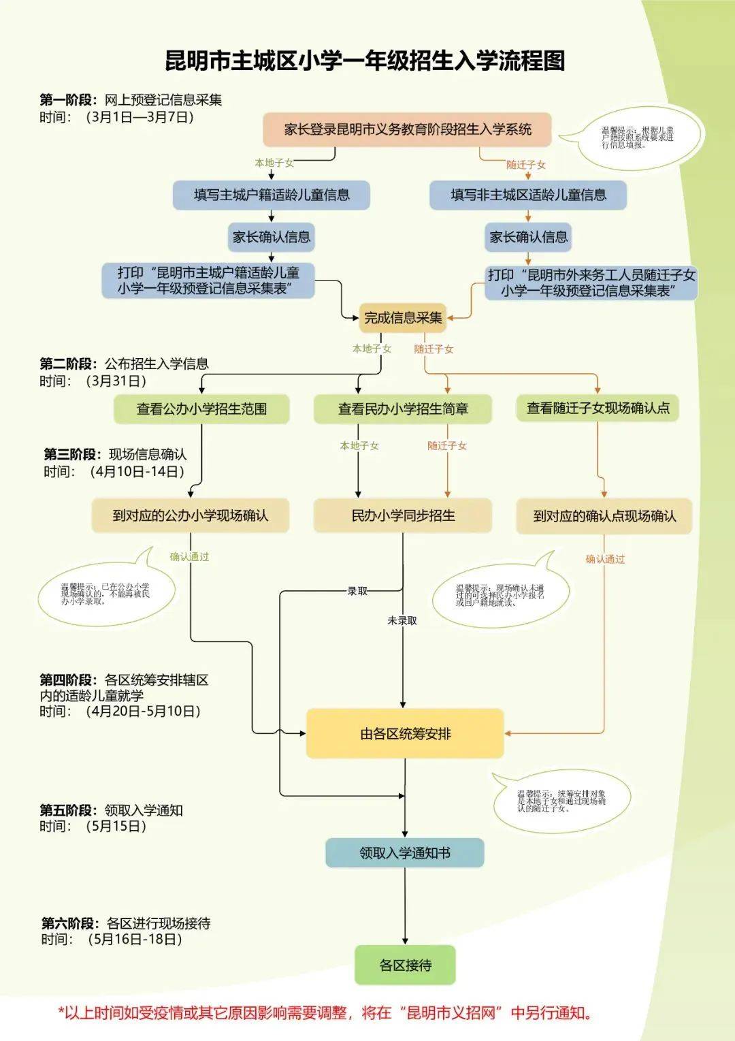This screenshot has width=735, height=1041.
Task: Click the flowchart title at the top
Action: pyautogui.click(x=365, y=61)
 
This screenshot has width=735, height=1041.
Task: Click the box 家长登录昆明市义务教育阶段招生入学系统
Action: pyautogui.click(x=407, y=129)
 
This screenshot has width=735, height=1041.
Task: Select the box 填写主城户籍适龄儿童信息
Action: pyautogui.click(x=272, y=195)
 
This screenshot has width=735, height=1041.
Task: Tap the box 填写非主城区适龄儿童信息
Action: pyautogui.click(x=528, y=195)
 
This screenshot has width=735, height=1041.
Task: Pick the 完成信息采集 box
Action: pyautogui.click(x=403, y=317)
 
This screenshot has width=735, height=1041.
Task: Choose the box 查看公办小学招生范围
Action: pyautogui.click(x=201, y=409)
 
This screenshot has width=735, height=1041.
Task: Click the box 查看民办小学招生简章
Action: pyautogui.click(x=403, y=409)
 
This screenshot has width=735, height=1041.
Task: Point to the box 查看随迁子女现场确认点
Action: pyautogui.click(x=598, y=408)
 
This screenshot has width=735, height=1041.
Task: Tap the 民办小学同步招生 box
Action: pyautogui.click(x=403, y=515)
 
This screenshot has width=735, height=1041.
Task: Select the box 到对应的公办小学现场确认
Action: pyautogui.click(x=191, y=515)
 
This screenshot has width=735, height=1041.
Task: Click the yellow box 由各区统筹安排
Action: pyautogui.click(x=405, y=733)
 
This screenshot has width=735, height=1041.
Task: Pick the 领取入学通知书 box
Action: pyautogui.click(x=405, y=852)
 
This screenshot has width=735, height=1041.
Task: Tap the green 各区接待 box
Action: pyautogui.click(x=405, y=965)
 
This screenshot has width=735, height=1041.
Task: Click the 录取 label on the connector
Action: pyautogui.click(x=357, y=591)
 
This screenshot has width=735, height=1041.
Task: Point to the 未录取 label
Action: pyautogui.click(x=402, y=621)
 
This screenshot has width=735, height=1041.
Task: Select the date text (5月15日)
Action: pyautogui.click(x=116, y=827)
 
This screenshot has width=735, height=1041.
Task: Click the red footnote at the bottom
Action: pyautogui.click(x=325, y=1012)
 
